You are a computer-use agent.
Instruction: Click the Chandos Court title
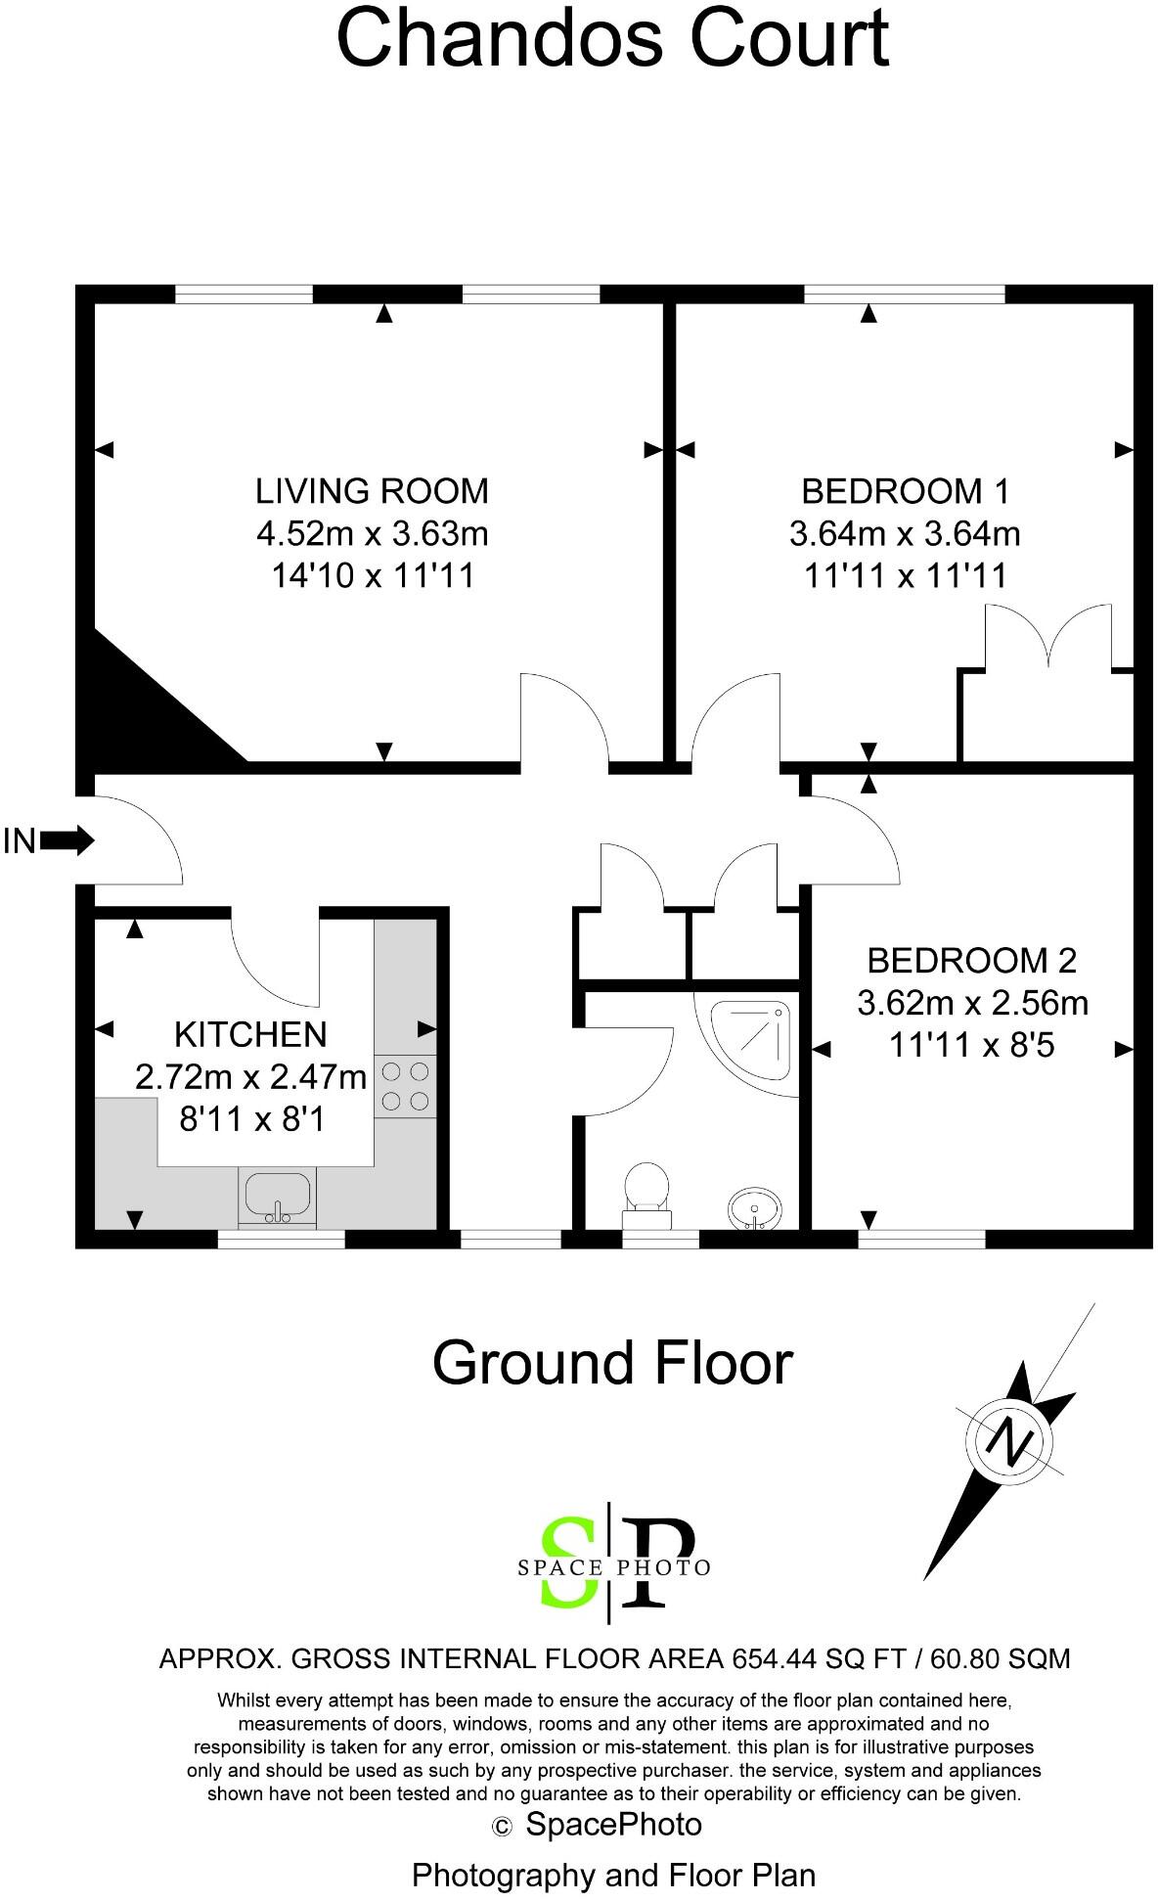click(x=613, y=38)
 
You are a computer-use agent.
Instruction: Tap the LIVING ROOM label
click(x=372, y=490)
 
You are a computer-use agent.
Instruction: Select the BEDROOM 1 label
click(x=906, y=490)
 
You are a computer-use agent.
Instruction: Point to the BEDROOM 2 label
click(x=972, y=960)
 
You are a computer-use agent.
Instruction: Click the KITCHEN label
click(x=250, y=1034)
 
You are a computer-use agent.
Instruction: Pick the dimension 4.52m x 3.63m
click(x=372, y=533)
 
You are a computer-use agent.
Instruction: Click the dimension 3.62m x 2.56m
click(x=972, y=1003)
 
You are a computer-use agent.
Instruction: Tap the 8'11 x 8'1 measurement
click(x=251, y=1118)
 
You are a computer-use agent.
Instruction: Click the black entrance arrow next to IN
click(x=67, y=839)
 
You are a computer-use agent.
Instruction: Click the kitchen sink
click(x=278, y=1196)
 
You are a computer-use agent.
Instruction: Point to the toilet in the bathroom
click(x=646, y=1194)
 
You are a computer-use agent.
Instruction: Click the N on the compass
click(x=1011, y=1441)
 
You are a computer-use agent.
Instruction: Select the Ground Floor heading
click(x=612, y=1362)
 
